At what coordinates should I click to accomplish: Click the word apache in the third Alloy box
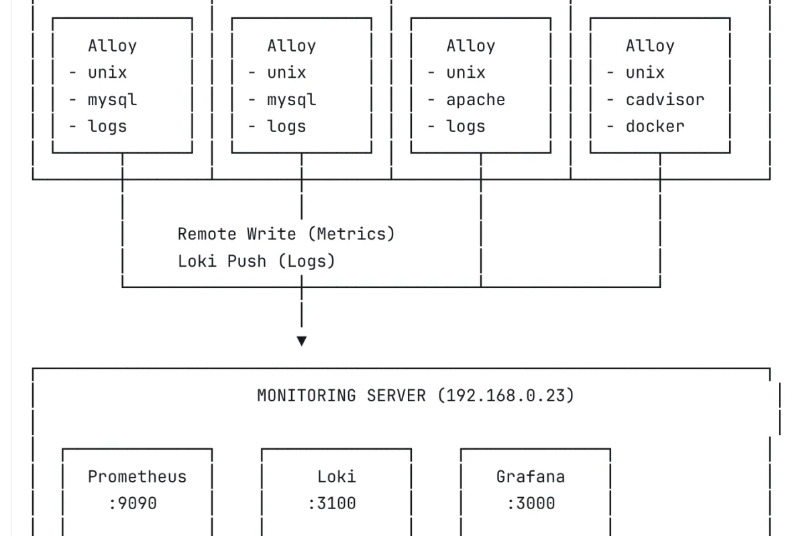click(476, 100)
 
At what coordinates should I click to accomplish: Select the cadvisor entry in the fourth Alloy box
click(665, 100)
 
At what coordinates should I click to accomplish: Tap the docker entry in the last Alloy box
click(655, 127)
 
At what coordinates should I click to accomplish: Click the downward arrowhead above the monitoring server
click(302, 341)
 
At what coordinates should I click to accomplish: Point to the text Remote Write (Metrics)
click(286, 234)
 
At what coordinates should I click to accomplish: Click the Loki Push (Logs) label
click(256, 261)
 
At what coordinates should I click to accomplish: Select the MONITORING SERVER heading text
click(341, 395)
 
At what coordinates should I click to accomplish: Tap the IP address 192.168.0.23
click(506, 395)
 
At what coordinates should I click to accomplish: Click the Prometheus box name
click(138, 476)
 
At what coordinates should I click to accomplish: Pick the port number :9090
click(133, 503)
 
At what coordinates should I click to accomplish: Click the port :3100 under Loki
click(331, 503)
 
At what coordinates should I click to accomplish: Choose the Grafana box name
click(531, 476)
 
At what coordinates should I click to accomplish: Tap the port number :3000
click(531, 503)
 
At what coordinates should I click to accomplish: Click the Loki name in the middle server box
click(336, 476)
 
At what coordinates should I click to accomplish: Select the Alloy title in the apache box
click(471, 46)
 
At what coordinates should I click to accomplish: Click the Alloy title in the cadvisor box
click(650, 46)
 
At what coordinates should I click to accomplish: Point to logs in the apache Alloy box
click(466, 127)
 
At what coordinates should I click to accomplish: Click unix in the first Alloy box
click(107, 72)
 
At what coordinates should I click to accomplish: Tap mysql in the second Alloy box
click(292, 100)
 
